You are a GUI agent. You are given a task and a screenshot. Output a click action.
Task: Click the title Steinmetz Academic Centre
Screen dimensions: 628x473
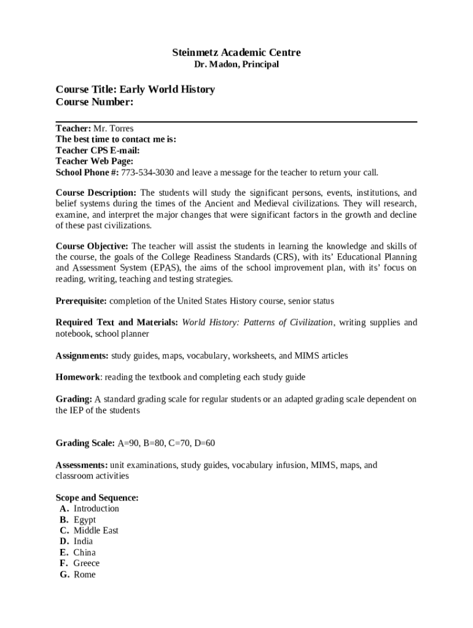(x=236, y=53)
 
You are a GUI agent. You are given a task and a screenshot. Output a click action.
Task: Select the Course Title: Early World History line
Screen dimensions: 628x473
(x=135, y=90)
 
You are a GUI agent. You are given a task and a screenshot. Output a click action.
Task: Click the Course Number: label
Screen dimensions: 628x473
(x=94, y=102)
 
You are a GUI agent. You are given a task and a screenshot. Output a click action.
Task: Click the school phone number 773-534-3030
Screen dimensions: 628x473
(x=148, y=172)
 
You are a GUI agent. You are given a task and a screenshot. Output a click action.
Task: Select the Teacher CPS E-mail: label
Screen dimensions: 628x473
(x=97, y=150)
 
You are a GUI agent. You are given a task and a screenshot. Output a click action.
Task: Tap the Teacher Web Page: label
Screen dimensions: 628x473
(x=94, y=161)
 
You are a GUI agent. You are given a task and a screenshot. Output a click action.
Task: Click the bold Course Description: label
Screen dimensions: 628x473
(x=96, y=193)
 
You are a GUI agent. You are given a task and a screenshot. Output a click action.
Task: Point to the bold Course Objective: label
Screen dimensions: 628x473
(x=92, y=246)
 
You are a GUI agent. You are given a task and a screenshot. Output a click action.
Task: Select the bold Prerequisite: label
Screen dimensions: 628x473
(x=81, y=301)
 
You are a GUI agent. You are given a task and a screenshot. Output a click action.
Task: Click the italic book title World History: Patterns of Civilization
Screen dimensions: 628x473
(x=257, y=323)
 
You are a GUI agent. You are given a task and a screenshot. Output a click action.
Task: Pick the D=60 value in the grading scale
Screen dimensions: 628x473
(x=203, y=443)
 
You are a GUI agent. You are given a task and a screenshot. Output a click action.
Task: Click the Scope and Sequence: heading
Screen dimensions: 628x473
(x=97, y=498)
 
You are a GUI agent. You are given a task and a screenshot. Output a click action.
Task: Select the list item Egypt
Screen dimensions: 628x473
(x=84, y=520)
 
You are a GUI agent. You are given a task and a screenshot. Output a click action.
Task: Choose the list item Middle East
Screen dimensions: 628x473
(x=96, y=530)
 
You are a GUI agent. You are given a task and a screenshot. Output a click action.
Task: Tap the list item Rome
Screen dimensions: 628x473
(x=84, y=575)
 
